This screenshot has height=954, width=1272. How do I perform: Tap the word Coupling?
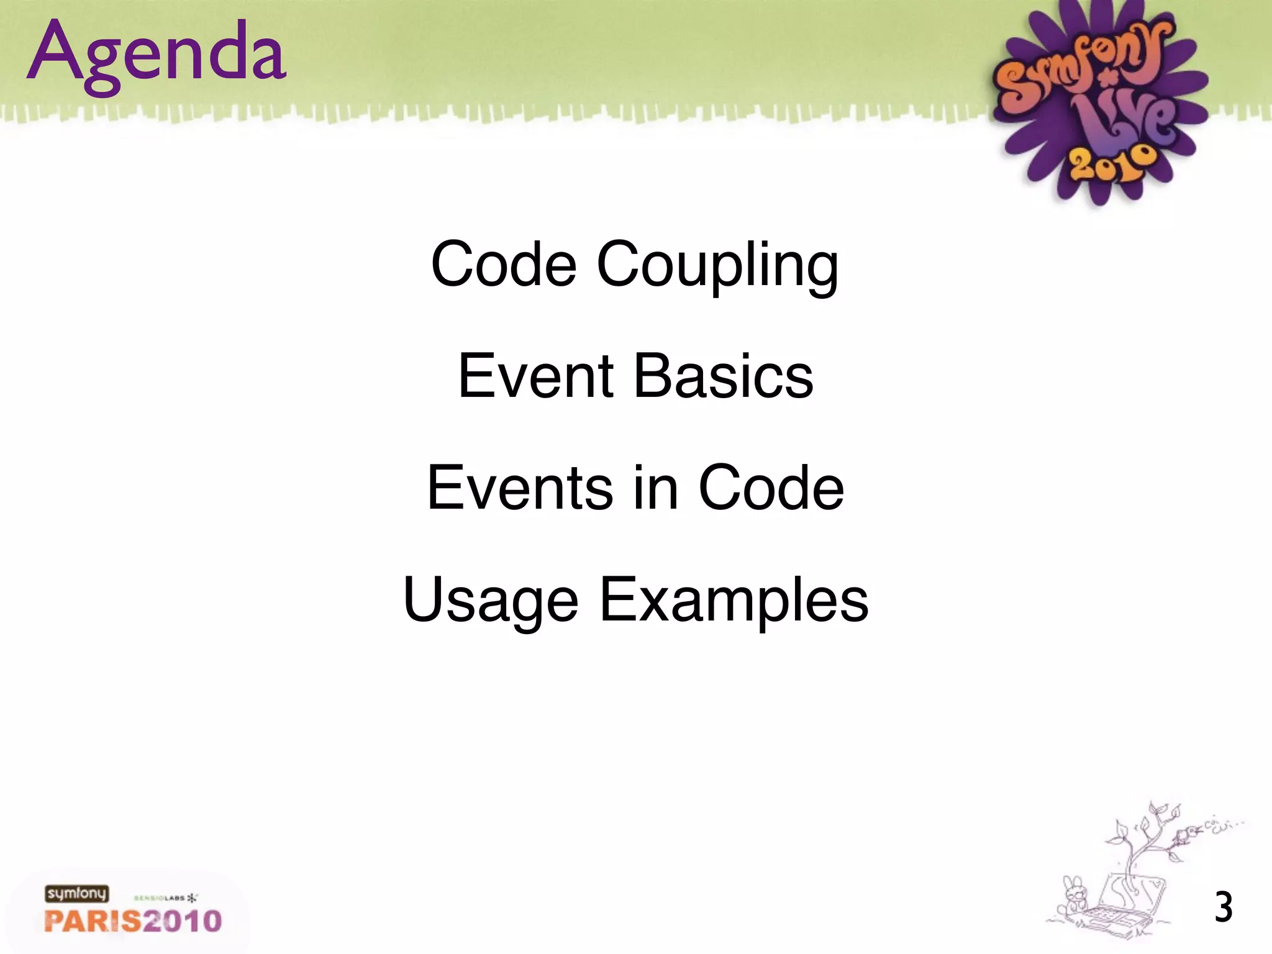click(x=717, y=266)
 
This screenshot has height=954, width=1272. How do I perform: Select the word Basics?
click(x=724, y=376)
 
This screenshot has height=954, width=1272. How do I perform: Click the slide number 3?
click(x=1223, y=907)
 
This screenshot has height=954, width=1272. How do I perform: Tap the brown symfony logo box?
click(x=76, y=894)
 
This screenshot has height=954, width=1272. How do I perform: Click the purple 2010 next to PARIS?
click(x=181, y=920)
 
